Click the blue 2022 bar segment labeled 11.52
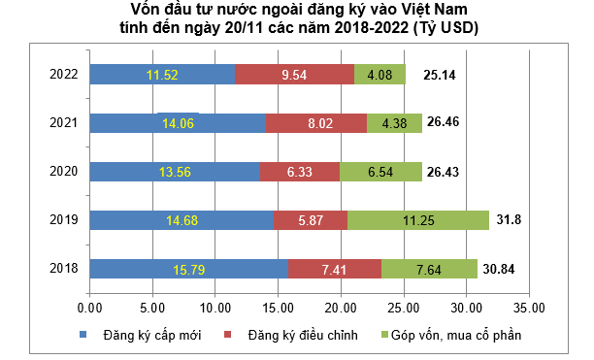coord(161,74)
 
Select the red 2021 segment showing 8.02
coord(315,122)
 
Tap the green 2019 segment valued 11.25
coord(417,220)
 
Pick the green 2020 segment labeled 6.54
coord(380,172)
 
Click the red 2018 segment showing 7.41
coord(334,269)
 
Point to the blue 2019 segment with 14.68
coord(181,220)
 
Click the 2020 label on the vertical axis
coord(64,172)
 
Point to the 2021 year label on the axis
coord(64,122)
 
